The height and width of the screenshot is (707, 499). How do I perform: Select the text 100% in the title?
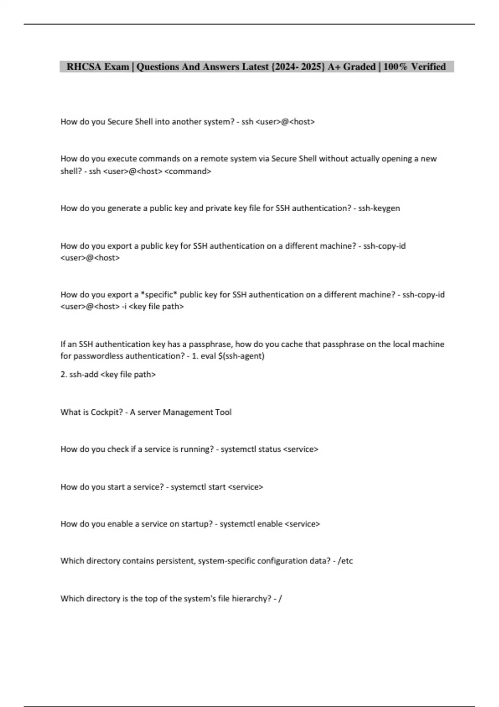[395, 67]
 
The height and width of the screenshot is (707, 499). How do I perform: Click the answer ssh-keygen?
[379, 208]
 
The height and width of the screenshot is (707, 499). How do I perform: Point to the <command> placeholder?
[188, 171]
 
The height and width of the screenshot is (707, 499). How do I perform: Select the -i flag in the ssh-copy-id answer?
[124, 307]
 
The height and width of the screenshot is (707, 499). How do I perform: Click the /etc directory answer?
[345, 561]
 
